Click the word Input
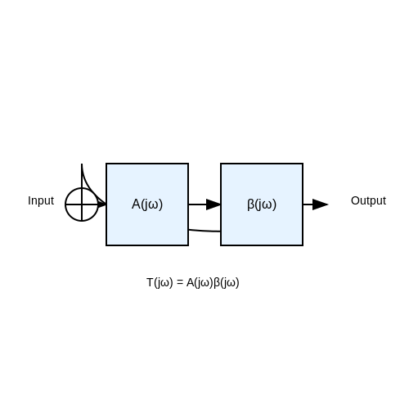click(41, 200)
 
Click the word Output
click(368, 200)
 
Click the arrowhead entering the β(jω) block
click(213, 204)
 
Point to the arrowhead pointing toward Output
click(320, 204)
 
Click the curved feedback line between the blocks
click(204, 231)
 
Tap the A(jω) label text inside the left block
click(147, 204)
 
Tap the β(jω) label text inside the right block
click(262, 204)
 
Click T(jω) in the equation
click(160, 282)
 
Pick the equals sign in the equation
click(180, 282)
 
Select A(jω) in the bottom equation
click(200, 282)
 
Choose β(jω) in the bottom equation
click(227, 282)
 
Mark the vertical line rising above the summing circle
click(82, 176)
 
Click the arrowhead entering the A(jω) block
click(102, 204)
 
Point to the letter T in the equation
click(150, 282)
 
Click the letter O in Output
click(355, 200)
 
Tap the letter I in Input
click(29, 200)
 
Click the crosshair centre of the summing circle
click(82, 204)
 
